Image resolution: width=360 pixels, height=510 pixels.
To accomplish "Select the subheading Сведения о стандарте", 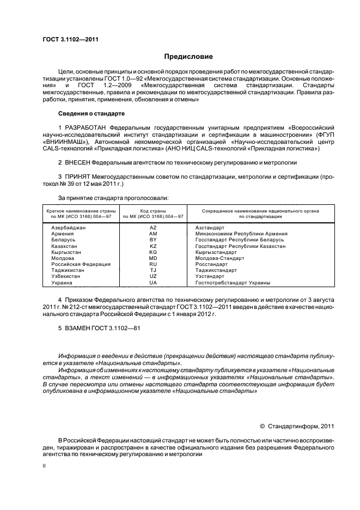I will point(91,113).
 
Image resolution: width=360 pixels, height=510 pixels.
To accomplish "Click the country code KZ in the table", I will point(153,246).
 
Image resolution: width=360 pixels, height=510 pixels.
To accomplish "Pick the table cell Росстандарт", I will point(211,264).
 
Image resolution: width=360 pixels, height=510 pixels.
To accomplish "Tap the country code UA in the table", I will point(153,283).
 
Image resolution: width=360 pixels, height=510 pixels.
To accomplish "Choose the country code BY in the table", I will point(153,240).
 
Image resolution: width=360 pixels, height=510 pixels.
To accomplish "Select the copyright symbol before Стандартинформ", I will point(263,426).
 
